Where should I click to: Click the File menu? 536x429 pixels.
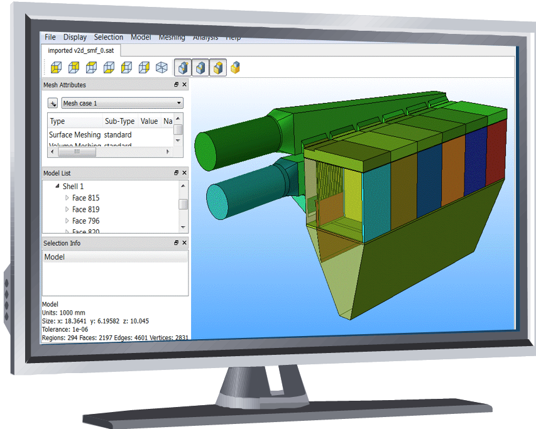point(50,37)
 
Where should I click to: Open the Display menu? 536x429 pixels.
point(75,37)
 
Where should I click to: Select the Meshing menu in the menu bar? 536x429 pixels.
point(172,37)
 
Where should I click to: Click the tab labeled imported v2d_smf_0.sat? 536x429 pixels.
point(80,50)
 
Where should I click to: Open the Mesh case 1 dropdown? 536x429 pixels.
point(122,103)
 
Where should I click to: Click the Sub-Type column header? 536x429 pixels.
point(119,121)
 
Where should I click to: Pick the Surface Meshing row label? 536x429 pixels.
point(74,134)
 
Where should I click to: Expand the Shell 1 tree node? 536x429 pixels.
point(57,187)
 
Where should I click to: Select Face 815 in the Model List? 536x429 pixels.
point(85,198)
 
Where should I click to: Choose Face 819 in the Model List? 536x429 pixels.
point(85,209)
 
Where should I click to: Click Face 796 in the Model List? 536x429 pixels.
point(85,220)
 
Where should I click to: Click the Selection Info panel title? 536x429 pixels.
point(62,243)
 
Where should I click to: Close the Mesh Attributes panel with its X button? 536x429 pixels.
point(184,85)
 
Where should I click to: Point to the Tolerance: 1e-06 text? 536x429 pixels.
point(65,329)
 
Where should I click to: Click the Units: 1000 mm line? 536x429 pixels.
point(63,313)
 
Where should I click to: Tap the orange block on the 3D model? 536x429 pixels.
point(453,170)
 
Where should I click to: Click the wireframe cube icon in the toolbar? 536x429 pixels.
point(161,67)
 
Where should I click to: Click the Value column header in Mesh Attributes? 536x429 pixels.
point(149,121)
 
